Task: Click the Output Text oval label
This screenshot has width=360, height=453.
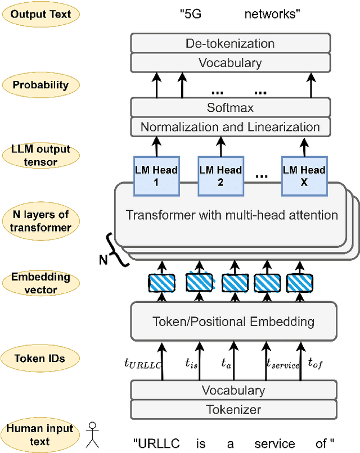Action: [x=41, y=14]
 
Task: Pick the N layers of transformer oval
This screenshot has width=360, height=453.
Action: [x=41, y=220]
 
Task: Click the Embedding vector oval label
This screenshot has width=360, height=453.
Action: [x=41, y=283]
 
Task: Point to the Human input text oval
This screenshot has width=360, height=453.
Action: [x=40, y=434]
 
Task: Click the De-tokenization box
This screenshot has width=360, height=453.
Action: [x=230, y=44]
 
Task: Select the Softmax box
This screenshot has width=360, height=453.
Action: [x=230, y=107]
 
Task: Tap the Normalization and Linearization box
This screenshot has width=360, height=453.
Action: [x=230, y=126]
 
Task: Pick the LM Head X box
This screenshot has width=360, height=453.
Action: [x=304, y=176]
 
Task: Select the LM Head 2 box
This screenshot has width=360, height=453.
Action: [x=220, y=176]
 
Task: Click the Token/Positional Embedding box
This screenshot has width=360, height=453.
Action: [x=233, y=322]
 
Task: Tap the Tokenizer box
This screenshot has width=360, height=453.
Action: [x=233, y=409]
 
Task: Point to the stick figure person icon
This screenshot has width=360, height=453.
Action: [x=92, y=434]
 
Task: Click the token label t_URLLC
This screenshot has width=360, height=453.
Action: [x=142, y=364]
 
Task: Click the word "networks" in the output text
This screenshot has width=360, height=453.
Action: [x=272, y=14]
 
